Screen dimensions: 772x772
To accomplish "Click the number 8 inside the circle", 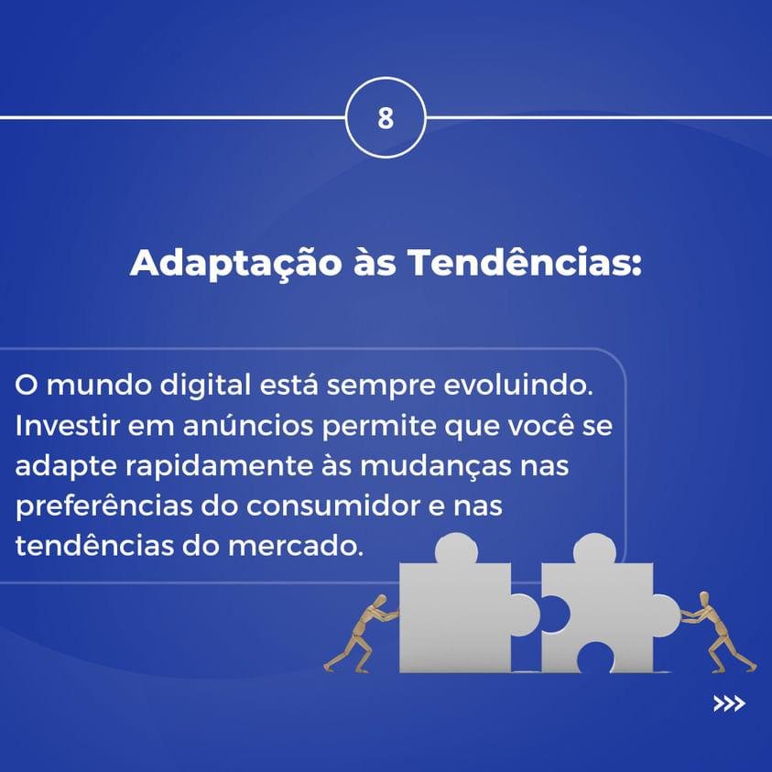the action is click(x=386, y=117).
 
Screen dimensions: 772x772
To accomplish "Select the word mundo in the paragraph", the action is click(x=100, y=385).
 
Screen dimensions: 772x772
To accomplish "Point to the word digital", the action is click(x=206, y=386).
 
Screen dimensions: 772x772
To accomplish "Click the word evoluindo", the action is click(x=518, y=385).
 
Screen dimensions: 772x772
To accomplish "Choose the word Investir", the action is click(x=68, y=426).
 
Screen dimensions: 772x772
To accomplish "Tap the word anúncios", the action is click(x=248, y=426).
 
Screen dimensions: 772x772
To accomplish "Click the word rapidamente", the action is click(x=219, y=466).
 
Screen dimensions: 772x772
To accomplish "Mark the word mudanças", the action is click(x=436, y=467).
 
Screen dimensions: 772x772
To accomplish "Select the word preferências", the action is click(x=103, y=507).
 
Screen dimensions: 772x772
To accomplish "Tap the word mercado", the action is click(x=296, y=547).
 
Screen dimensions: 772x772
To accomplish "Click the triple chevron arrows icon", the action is click(x=729, y=703).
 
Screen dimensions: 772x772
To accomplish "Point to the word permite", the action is click(x=378, y=427).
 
